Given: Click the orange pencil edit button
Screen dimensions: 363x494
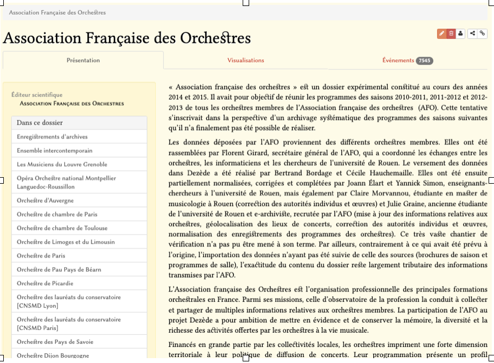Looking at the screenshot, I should (x=442, y=34).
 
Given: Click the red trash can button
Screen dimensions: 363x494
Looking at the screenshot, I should (x=451, y=34).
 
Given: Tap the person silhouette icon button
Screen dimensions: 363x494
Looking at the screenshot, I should (x=460, y=34).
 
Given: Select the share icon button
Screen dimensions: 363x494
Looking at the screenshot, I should (x=473, y=34).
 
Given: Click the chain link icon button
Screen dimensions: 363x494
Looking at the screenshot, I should (x=482, y=34).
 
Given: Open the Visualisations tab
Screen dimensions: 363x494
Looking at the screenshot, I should (x=245, y=60).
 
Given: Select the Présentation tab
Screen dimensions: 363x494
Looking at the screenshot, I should (x=83, y=60).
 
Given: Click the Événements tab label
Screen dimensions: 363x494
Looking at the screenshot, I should (x=398, y=60).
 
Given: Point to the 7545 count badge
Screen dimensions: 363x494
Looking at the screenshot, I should (x=425, y=61).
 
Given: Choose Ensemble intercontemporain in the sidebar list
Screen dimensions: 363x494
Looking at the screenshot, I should (x=55, y=151).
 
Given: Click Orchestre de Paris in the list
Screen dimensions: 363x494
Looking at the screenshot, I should (x=41, y=256).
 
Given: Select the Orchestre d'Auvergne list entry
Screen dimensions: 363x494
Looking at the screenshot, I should (x=45, y=200).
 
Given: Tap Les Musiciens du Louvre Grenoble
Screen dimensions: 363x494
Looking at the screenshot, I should (x=62, y=164).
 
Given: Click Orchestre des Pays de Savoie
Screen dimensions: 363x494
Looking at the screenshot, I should (x=55, y=342).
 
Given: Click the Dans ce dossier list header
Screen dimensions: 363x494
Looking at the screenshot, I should (x=40, y=123).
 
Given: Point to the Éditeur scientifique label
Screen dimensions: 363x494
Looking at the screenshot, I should (x=37, y=95).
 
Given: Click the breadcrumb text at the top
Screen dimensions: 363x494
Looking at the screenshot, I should (x=57, y=12).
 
